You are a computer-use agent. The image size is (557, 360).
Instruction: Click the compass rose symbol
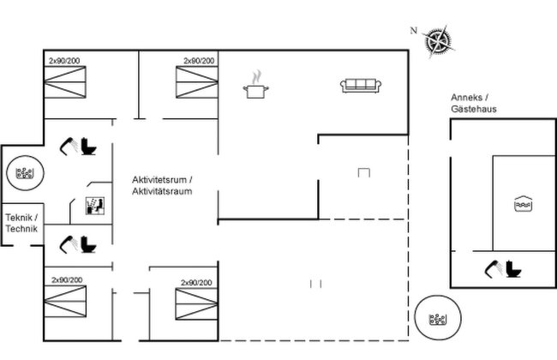(439, 41)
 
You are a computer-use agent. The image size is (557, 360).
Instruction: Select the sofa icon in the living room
(361, 86)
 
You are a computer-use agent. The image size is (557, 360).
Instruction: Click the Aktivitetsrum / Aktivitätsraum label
(162, 185)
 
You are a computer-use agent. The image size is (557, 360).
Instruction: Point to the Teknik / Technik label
(21, 223)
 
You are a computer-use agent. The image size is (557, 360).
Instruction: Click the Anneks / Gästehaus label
(474, 103)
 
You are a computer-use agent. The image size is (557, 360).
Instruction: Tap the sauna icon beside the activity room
(95, 206)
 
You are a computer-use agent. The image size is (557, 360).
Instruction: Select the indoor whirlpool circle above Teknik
(25, 173)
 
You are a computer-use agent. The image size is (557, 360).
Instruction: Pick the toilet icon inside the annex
(513, 269)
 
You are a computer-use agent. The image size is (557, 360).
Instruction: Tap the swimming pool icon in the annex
(524, 204)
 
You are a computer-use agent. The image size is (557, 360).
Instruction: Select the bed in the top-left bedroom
(65, 82)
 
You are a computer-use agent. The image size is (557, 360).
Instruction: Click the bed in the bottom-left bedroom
(65, 302)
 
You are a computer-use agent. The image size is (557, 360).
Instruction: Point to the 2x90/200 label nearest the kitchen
(199, 61)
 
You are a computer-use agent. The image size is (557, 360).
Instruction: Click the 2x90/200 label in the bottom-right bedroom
(196, 283)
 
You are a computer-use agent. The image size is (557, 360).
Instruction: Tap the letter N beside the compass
(414, 31)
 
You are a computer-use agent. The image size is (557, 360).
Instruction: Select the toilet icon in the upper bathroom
(88, 146)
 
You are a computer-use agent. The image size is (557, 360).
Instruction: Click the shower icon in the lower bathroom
(69, 244)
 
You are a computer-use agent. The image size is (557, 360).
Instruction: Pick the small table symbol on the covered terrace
(364, 172)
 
